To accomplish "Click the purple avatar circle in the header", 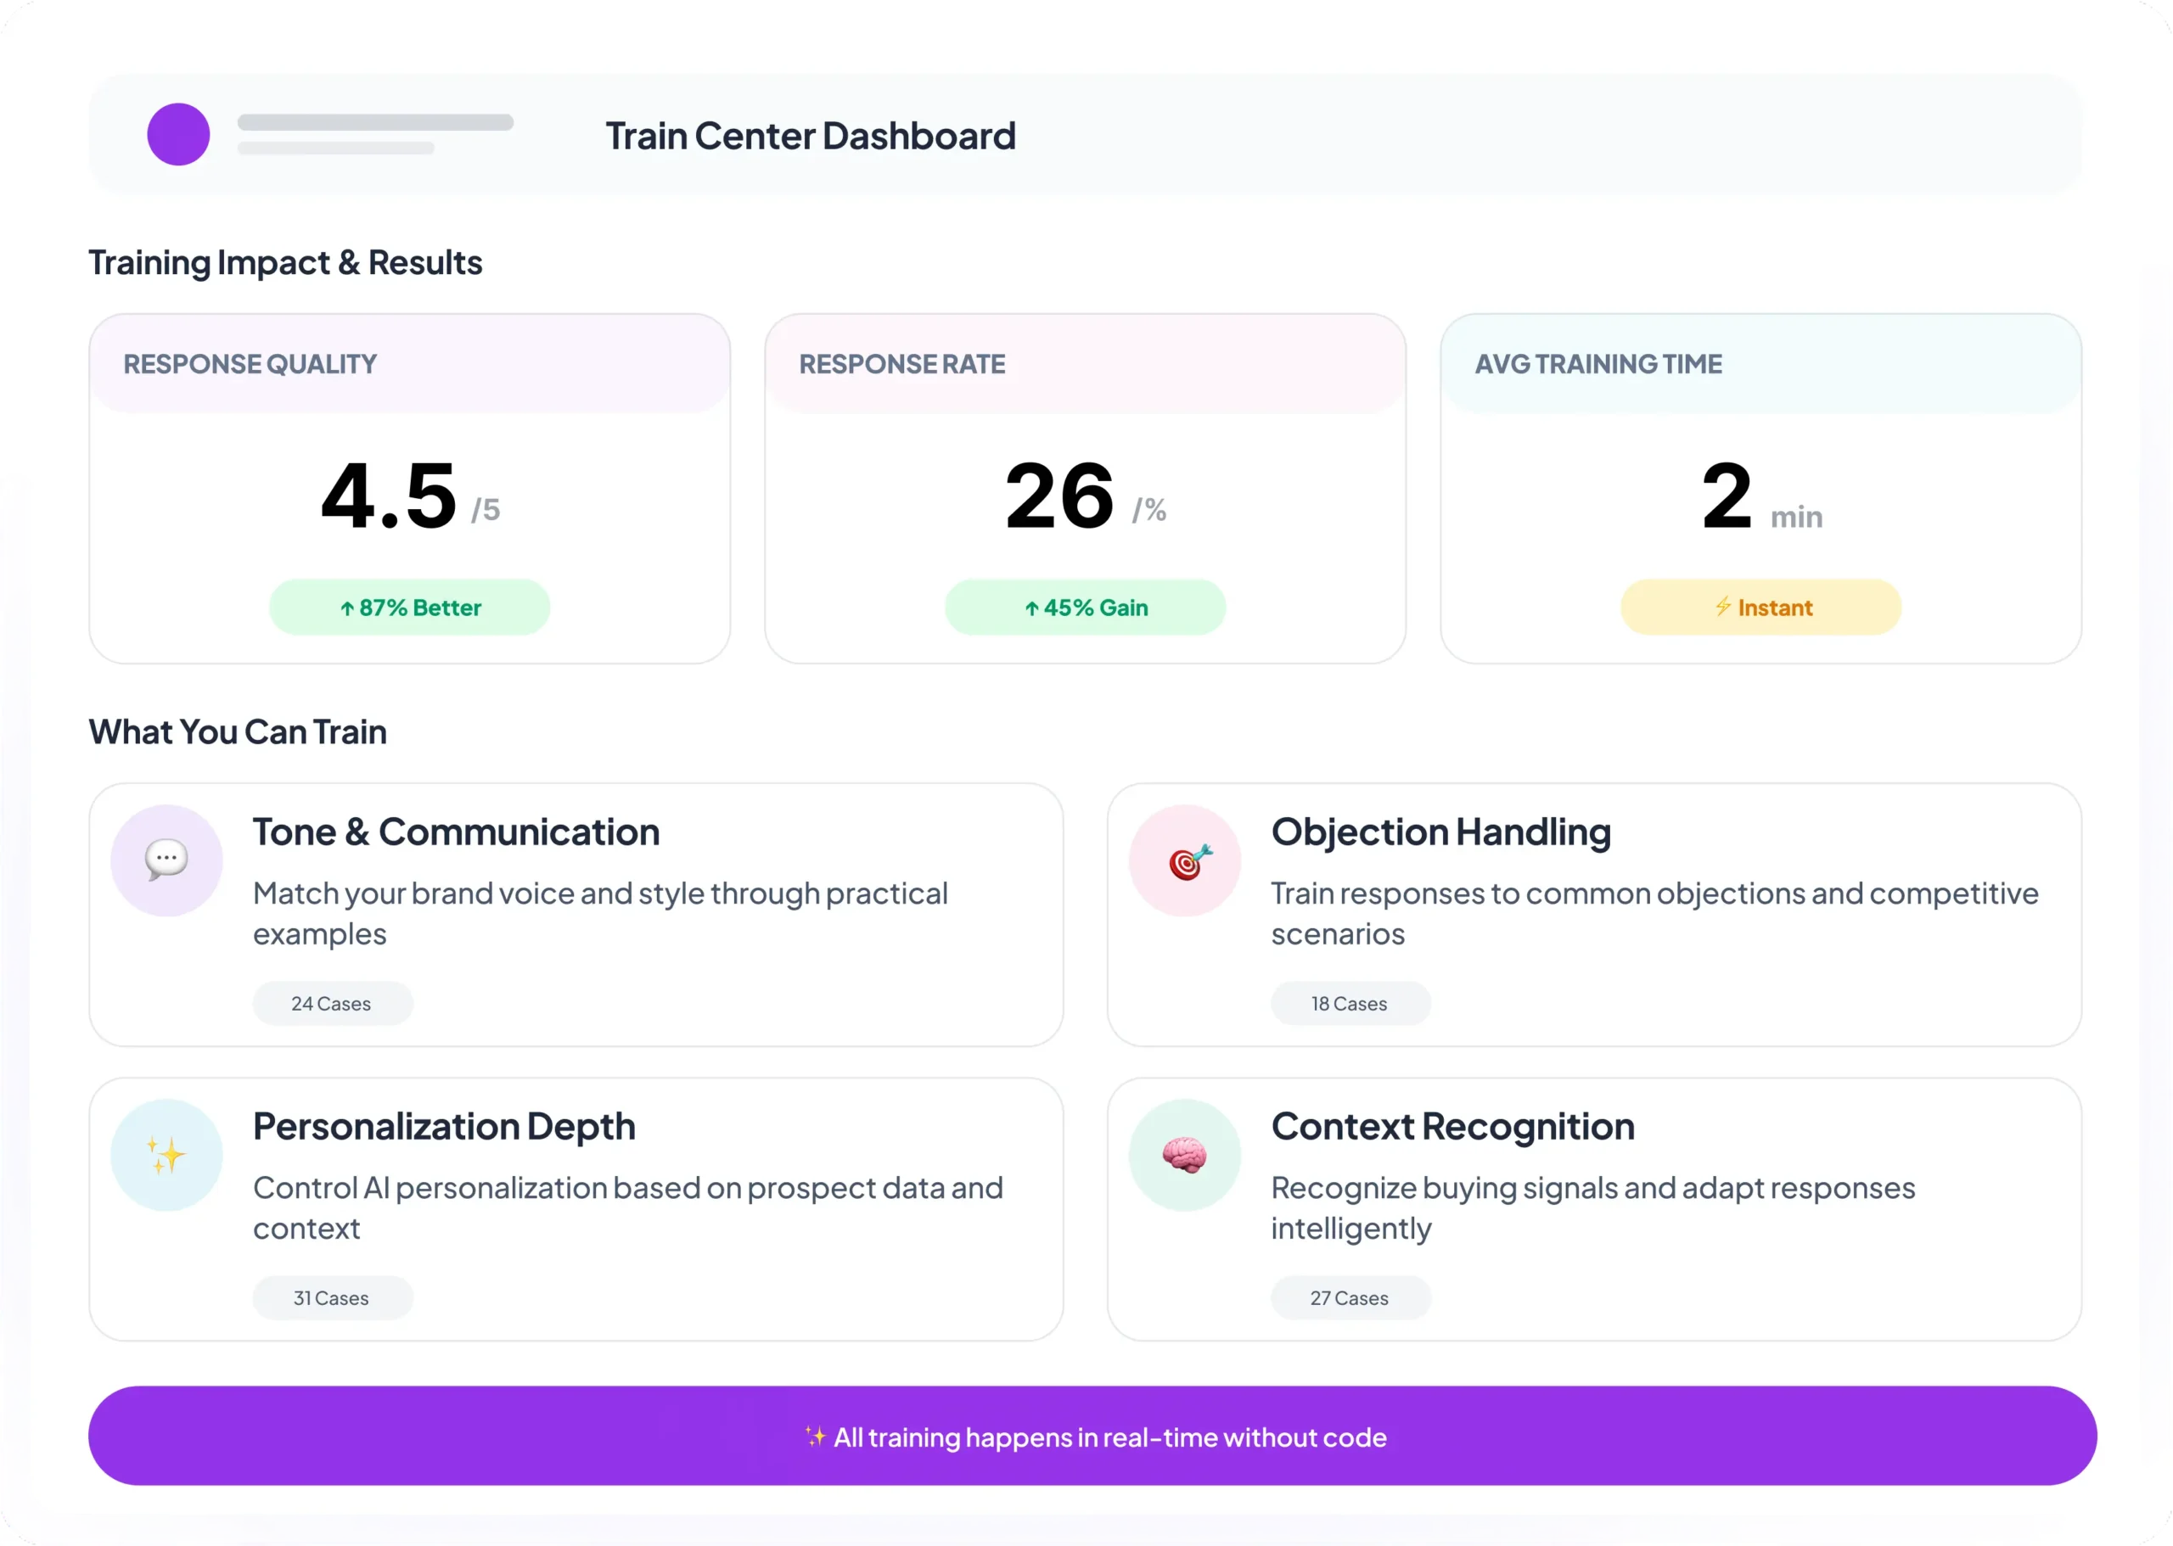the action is point(178,134).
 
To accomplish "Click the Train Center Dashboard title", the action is point(811,136).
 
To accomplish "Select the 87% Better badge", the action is point(409,608).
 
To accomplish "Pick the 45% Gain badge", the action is point(1085,608).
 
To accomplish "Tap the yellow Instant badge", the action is point(1760,608).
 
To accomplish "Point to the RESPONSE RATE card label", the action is point(901,365).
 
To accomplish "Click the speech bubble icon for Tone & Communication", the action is point(166,860).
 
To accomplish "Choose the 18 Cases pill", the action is point(1350,1004).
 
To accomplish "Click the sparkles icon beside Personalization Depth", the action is point(166,1155).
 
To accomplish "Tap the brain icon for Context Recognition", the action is point(1185,1156).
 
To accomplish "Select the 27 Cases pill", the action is point(1350,1297).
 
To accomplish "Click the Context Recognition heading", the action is point(1453,1127).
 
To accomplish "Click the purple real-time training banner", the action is point(1092,1436).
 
